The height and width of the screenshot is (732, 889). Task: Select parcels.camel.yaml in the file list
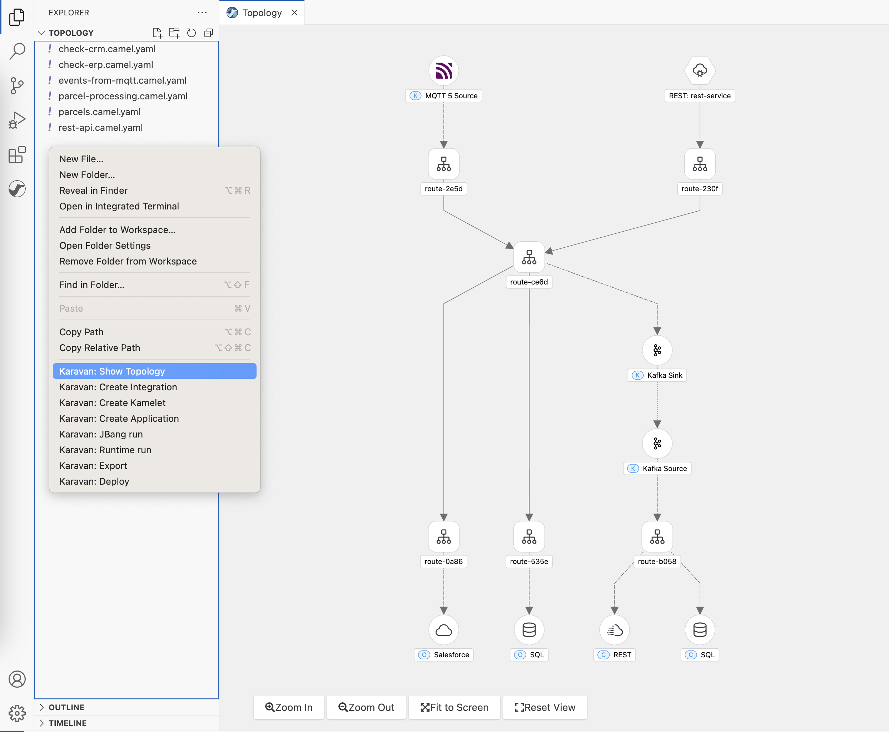tap(99, 112)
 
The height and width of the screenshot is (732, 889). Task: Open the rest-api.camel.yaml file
tap(100, 127)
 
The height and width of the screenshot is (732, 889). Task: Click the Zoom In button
tap(289, 707)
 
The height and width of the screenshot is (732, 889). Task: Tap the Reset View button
tap(545, 707)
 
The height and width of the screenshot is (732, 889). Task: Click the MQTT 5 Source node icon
tap(443, 70)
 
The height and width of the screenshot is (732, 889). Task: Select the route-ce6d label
tap(528, 282)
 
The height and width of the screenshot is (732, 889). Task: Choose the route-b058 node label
tap(657, 561)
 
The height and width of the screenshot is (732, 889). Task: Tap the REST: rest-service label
tap(699, 96)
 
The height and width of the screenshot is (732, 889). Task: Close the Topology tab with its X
tap(294, 13)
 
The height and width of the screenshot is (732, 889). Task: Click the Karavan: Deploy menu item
tap(94, 481)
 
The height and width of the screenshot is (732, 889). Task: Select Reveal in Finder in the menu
tap(93, 190)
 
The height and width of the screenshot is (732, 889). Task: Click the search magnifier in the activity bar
tap(17, 51)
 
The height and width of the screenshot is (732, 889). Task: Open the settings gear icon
tap(17, 713)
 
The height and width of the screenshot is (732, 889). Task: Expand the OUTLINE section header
tap(66, 707)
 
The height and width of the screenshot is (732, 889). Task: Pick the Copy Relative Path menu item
tap(99, 347)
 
